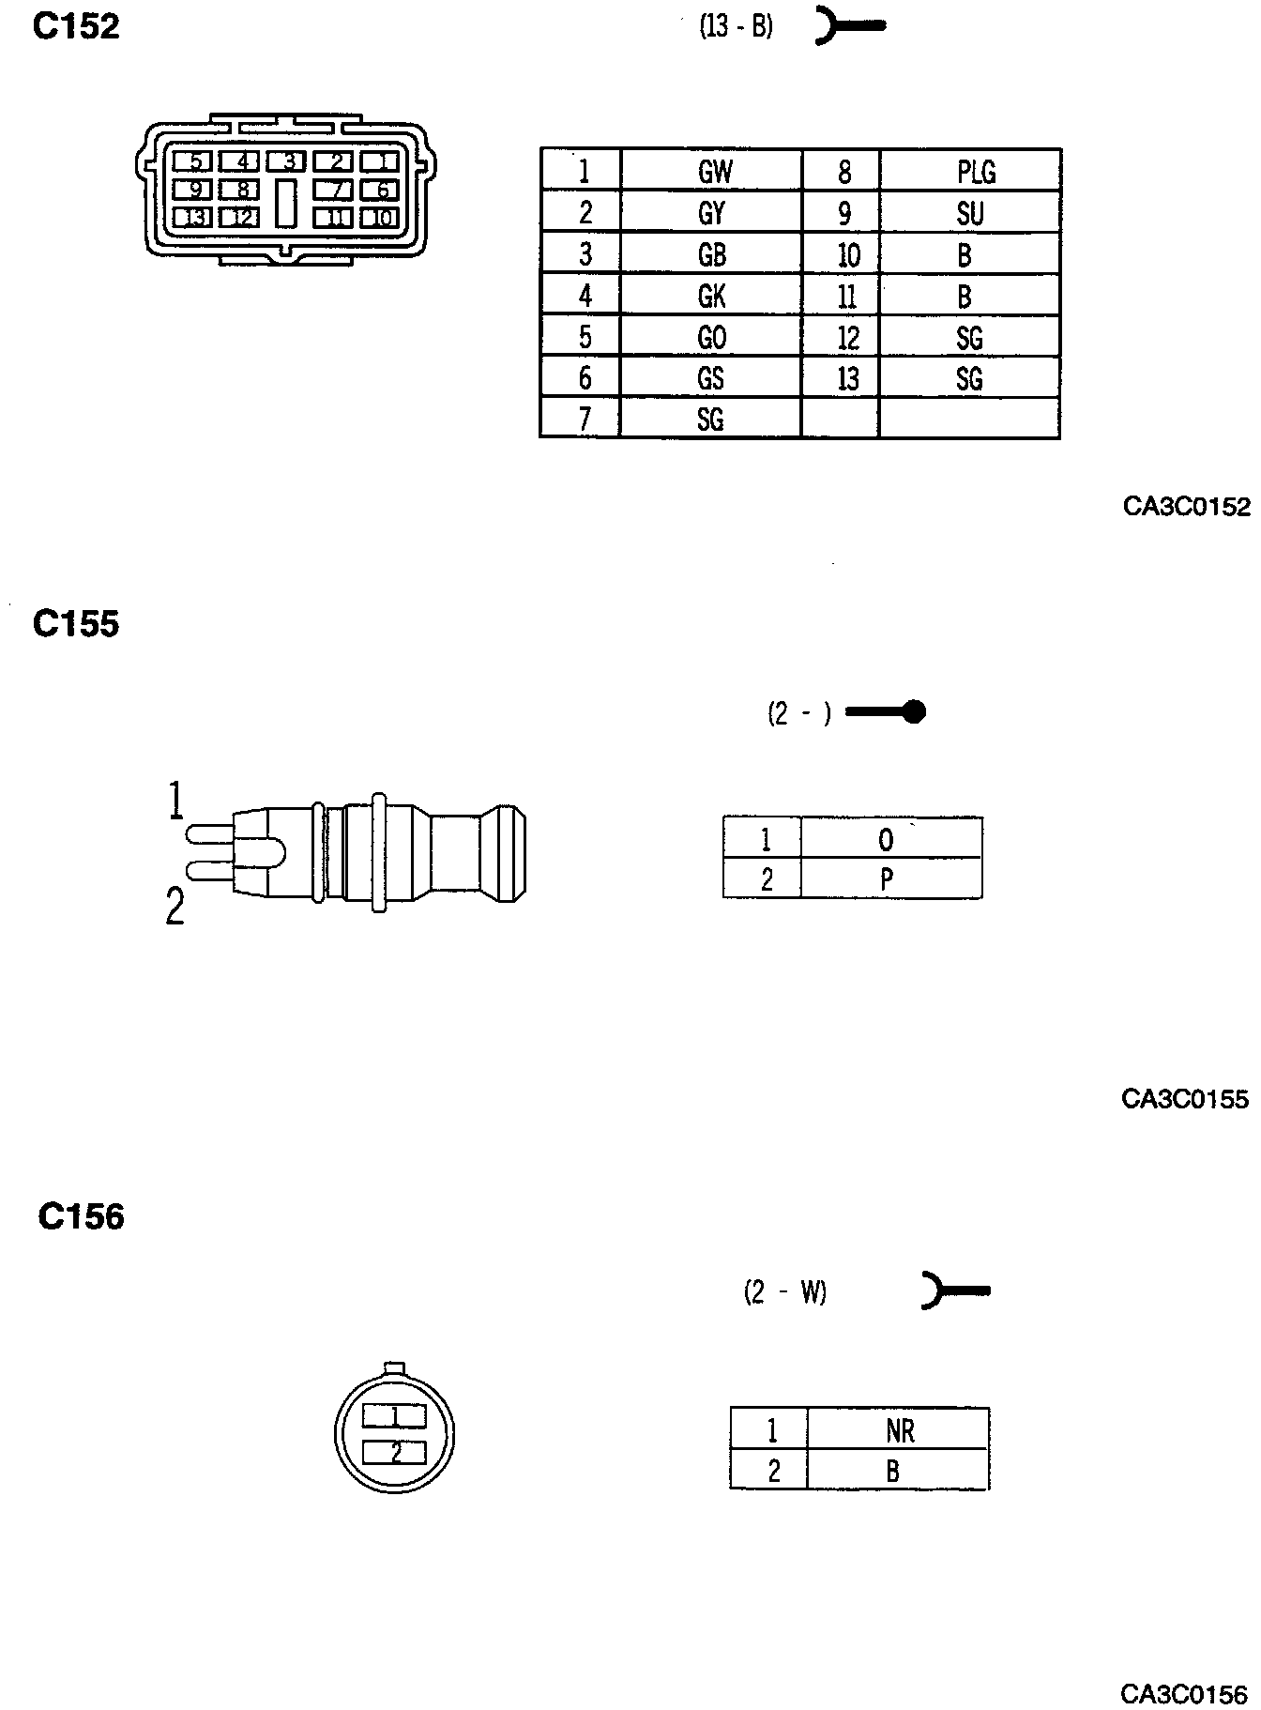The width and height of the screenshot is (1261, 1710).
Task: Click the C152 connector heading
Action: (x=76, y=27)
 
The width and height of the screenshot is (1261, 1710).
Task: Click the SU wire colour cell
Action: (x=970, y=214)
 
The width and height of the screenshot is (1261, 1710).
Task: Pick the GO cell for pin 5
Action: (x=712, y=337)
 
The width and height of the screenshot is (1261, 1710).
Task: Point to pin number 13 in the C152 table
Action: (x=847, y=378)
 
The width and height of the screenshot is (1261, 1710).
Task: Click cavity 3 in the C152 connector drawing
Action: (x=290, y=162)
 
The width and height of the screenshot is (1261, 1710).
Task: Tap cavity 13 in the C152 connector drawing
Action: (x=195, y=219)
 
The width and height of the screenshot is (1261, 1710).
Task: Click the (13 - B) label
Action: (x=736, y=27)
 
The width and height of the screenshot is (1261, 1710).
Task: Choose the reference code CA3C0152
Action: (x=1187, y=507)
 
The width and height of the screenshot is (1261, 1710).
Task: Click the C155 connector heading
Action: (x=76, y=624)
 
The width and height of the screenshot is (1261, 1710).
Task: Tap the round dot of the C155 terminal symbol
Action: (x=916, y=712)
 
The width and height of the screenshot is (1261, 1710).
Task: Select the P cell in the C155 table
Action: (x=887, y=880)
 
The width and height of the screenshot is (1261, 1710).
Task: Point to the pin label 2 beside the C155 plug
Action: (x=175, y=908)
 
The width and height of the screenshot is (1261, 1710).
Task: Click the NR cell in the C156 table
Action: (x=899, y=1431)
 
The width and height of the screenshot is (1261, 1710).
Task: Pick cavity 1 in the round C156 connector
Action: (x=395, y=1415)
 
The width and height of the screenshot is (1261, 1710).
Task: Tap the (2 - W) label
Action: (x=785, y=1292)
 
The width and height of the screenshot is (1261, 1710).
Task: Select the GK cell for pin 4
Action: (x=712, y=297)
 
